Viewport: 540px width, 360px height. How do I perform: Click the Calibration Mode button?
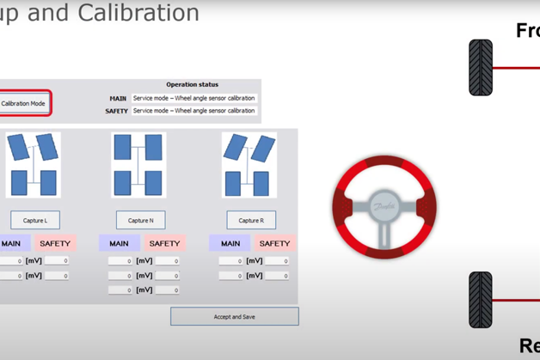(x=24, y=104)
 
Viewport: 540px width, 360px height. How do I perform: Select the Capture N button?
(x=140, y=221)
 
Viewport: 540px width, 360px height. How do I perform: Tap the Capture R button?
(x=251, y=221)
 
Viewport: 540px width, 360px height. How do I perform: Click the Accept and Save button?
(x=234, y=317)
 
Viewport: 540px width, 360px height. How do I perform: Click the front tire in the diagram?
(x=481, y=67)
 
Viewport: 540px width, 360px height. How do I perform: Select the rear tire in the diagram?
(x=481, y=300)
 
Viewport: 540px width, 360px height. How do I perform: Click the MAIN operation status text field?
(x=193, y=99)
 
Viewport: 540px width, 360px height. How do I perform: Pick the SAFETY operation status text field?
(x=193, y=111)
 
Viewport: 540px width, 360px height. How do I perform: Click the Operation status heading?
(x=193, y=85)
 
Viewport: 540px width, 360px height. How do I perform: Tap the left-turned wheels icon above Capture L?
(x=34, y=164)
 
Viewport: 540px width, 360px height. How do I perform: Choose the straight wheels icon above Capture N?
(x=138, y=164)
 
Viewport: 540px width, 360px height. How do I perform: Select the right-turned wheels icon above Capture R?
(x=249, y=164)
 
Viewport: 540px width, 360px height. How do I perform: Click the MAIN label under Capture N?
(x=120, y=244)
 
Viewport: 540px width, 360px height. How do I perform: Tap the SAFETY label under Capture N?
(x=164, y=244)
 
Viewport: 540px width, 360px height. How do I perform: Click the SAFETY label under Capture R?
(x=274, y=244)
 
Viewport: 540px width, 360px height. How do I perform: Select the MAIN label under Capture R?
(x=230, y=244)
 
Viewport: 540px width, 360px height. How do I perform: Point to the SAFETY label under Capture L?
(x=55, y=244)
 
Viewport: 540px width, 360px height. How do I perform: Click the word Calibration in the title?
(x=151, y=13)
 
